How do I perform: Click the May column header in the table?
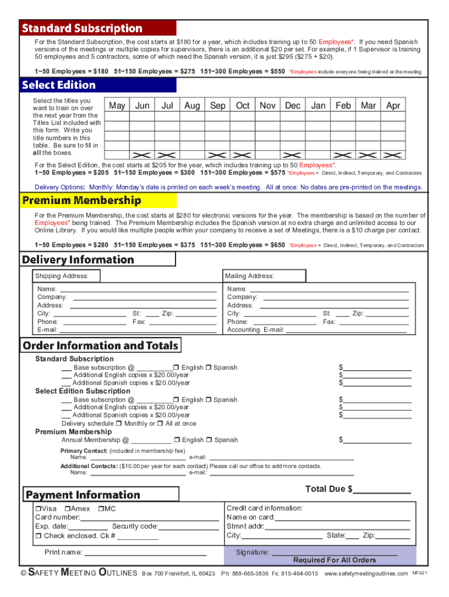pyautogui.click(x=117, y=106)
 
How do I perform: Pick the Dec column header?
pyautogui.click(x=292, y=106)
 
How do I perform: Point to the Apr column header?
pyautogui.click(x=394, y=106)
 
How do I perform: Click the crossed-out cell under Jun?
pyautogui.click(x=142, y=154)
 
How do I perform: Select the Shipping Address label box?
pyautogui.click(x=66, y=276)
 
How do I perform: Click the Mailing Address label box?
pyautogui.click(x=265, y=276)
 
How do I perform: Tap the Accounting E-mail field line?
pyautogui.click(x=347, y=330)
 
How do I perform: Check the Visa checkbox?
pyautogui.click(x=38, y=509)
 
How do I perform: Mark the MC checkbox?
pyautogui.click(x=100, y=509)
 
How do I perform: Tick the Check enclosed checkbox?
pyautogui.click(x=38, y=536)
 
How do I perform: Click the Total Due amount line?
pyautogui.click(x=382, y=490)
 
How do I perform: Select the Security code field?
pyautogui.click(x=189, y=527)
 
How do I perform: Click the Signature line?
pyautogui.click(x=335, y=552)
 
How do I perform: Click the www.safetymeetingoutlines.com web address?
pyautogui.click(x=366, y=574)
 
